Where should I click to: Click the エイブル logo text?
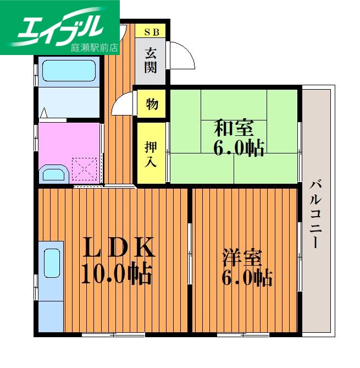(x=60, y=26)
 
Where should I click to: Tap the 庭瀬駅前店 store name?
(x=95, y=47)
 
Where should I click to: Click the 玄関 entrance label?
(x=151, y=61)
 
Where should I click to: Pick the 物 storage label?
(x=152, y=104)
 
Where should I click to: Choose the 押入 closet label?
(x=151, y=153)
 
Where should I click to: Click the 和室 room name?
(x=234, y=128)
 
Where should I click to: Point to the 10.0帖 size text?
(x=116, y=273)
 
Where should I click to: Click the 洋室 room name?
(x=242, y=257)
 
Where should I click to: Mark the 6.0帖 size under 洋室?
(x=247, y=278)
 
